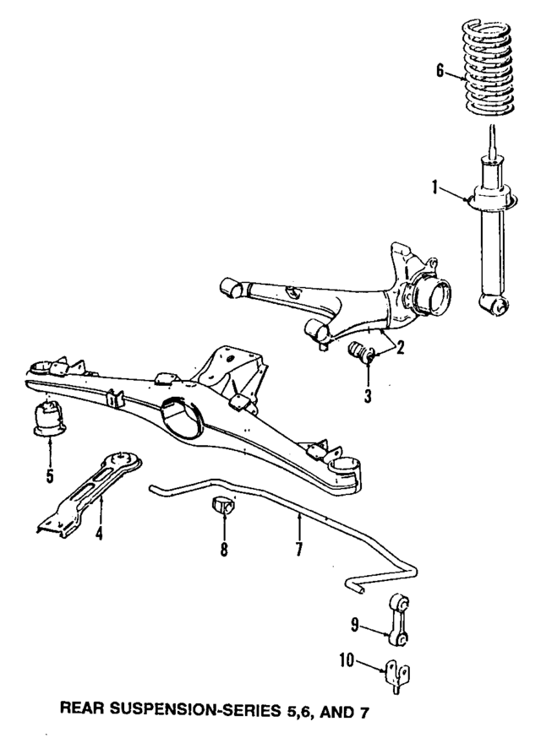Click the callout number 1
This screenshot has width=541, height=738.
point(436,188)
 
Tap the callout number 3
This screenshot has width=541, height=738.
point(369,393)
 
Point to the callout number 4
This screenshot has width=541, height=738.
point(99,534)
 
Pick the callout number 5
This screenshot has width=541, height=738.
point(49,476)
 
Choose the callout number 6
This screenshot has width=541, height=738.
point(440,72)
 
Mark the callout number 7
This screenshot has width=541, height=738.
point(298,550)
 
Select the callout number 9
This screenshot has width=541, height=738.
point(355,626)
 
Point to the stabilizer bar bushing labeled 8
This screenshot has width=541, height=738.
point(224,508)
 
